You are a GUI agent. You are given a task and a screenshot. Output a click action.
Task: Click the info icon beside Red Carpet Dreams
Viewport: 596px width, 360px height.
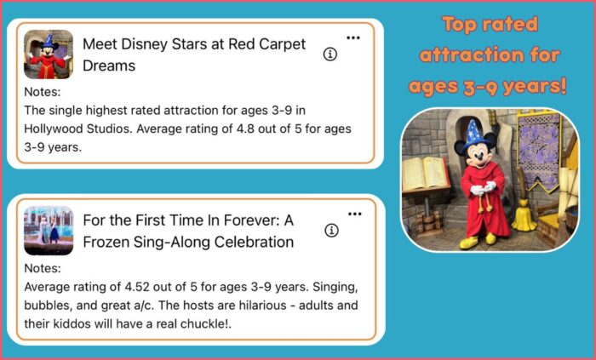click(x=330, y=54)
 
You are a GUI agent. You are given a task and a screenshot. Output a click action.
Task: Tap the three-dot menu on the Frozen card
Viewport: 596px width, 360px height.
click(x=355, y=214)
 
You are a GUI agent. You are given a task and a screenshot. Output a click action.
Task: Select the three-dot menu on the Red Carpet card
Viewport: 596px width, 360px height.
click(x=353, y=37)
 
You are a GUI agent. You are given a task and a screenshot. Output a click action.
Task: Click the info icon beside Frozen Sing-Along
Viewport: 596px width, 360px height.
click(x=331, y=230)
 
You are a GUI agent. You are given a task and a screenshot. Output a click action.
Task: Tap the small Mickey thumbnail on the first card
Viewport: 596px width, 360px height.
click(x=49, y=54)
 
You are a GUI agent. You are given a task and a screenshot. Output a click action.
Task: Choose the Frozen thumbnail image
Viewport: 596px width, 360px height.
click(x=49, y=231)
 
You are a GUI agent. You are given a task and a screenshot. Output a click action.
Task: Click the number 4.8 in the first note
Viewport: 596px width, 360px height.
click(x=245, y=129)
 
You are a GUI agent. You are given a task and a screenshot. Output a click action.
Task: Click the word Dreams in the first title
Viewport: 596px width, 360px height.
click(x=109, y=66)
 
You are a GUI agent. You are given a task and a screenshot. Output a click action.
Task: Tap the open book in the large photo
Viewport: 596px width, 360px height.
click(x=426, y=173)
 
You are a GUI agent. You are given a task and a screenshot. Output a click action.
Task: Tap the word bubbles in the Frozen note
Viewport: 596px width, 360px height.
click(x=47, y=306)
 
